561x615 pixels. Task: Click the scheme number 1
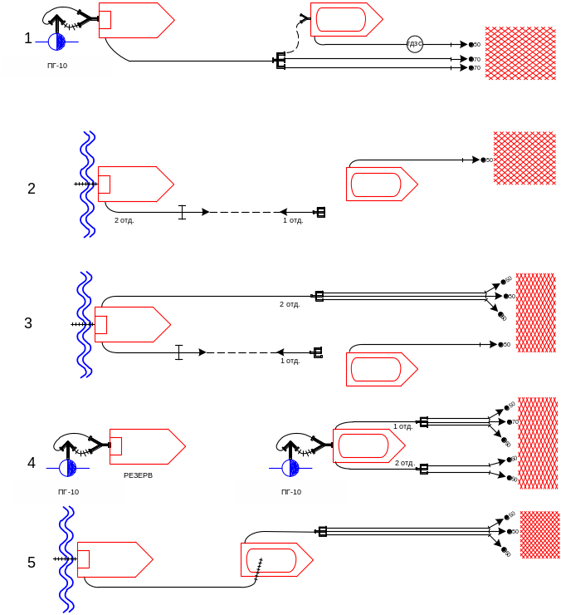28,38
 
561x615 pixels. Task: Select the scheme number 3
28,323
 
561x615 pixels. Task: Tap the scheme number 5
32,563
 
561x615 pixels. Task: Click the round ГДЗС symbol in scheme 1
415,44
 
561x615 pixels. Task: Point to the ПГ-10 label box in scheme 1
56,66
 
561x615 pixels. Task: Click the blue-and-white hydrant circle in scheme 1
56,42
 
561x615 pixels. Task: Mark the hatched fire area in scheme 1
520,53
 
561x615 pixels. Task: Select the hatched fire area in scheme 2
524,158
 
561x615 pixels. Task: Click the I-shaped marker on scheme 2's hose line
183,212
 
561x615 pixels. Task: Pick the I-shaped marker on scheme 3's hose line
178,352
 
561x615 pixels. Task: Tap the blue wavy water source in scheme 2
87,184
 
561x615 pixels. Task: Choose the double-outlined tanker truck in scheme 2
380,184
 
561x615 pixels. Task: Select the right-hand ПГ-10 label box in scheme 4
290,493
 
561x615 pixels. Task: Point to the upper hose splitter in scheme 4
423,422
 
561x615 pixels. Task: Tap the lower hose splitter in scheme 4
423,469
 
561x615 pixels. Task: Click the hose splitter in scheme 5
323,531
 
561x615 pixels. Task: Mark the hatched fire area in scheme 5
539,535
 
